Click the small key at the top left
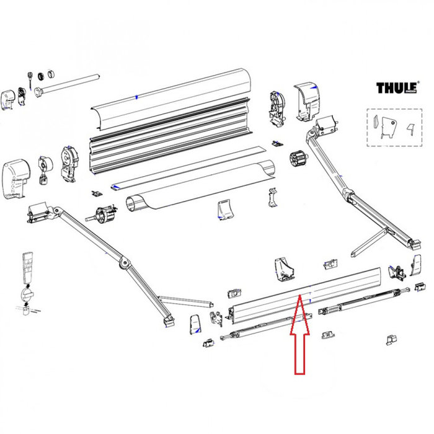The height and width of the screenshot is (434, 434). coord(29,77)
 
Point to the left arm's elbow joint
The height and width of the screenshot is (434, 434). coord(125,264)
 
